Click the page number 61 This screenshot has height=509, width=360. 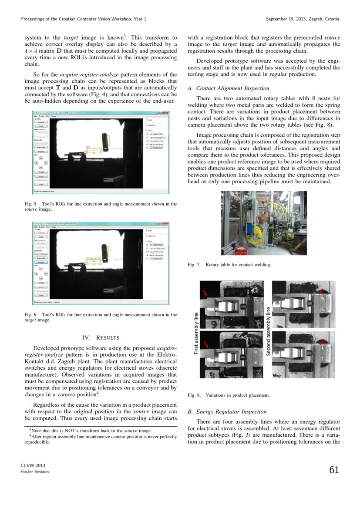click(x=334, y=470)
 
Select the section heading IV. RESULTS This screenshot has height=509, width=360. click(x=101, y=337)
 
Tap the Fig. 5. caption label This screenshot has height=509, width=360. click(x=31, y=204)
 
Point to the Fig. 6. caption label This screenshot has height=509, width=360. click(x=31, y=314)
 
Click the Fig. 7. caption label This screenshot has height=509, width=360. click(x=194, y=264)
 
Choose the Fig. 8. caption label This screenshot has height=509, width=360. click(x=194, y=395)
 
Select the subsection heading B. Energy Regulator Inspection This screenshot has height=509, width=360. click(x=227, y=411)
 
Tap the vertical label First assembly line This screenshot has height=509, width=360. click(x=196, y=333)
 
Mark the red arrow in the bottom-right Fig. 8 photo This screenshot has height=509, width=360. click(x=322, y=343)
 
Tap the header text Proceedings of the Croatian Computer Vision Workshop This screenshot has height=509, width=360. click(x=83, y=19)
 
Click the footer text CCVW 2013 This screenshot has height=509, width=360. click(x=33, y=465)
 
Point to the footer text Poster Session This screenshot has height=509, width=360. click(x=35, y=472)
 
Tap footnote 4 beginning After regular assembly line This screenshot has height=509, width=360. click(x=100, y=439)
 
